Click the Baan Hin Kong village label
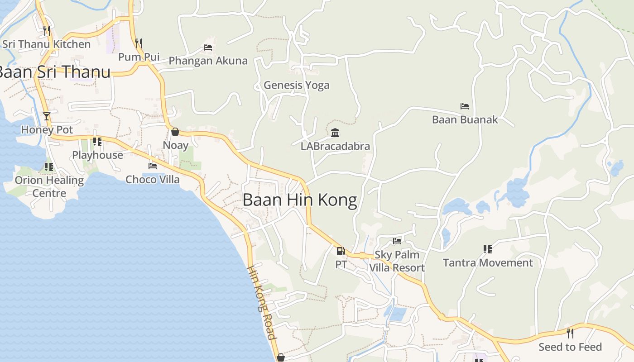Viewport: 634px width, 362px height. [x=300, y=200]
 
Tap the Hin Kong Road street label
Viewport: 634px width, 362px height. [x=261, y=302]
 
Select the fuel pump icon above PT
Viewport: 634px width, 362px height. [x=341, y=251]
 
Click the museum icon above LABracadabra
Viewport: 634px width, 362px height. [x=335, y=133]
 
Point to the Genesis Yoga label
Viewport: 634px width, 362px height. [x=297, y=85]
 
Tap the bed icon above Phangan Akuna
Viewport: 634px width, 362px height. [x=208, y=47]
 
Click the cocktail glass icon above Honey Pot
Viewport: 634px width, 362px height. [x=47, y=116]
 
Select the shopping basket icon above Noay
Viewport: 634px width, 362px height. [x=175, y=132]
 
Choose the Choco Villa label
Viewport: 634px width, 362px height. [x=153, y=180]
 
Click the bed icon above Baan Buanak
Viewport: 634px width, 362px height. [x=465, y=106]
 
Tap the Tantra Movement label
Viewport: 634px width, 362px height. [x=488, y=263]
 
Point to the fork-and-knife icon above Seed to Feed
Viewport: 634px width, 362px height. [x=570, y=333]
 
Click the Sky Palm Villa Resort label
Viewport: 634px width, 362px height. [x=397, y=261]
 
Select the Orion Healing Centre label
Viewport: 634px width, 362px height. [x=49, y=186]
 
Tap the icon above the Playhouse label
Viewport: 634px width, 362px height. [x=97, y=142]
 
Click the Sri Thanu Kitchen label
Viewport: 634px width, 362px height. [x=47, y=44]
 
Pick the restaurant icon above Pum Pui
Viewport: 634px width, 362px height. [x=139, y=43]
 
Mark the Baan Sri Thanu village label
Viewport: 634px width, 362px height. [x=53, y=72]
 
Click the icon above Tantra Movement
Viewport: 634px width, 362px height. [x=488, y=249]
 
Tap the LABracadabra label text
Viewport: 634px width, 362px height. [x=335, y=146]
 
